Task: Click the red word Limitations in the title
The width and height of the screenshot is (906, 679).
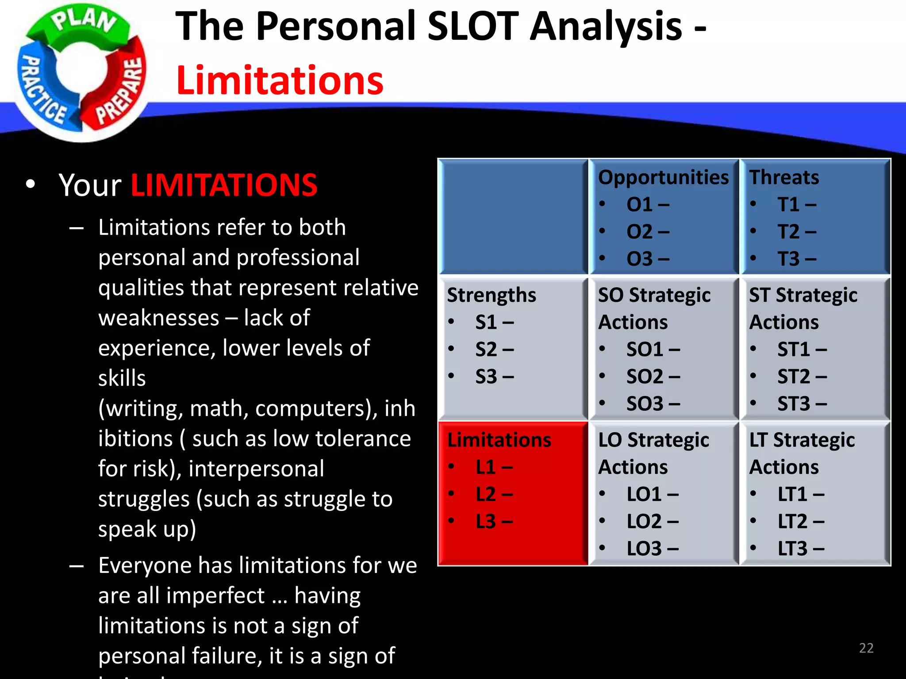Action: pos(280,80)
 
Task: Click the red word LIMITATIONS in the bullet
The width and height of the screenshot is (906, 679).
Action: pos(224,185)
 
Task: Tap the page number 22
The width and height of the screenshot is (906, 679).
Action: pos(866,648)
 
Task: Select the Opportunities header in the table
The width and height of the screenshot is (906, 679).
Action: pos(663,178)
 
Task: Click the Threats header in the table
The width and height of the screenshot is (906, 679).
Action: pos(784,178)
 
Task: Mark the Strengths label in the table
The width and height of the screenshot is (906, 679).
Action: pos(491,295)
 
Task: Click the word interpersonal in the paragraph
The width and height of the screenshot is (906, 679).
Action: pos(256,469)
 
